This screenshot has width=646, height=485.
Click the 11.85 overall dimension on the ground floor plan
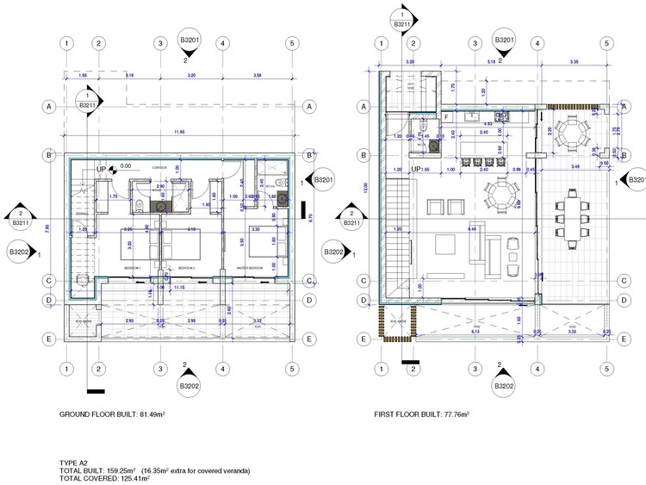tap(178, 132)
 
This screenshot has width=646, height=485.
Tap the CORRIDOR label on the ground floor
tap(158, 167)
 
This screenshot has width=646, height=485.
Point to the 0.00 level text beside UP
tap(126, 167)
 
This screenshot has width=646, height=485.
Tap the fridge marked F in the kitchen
tap(446, 115)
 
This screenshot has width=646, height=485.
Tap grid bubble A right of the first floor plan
tap(623, 106)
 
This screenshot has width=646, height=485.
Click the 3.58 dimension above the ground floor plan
tap(257, 77)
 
